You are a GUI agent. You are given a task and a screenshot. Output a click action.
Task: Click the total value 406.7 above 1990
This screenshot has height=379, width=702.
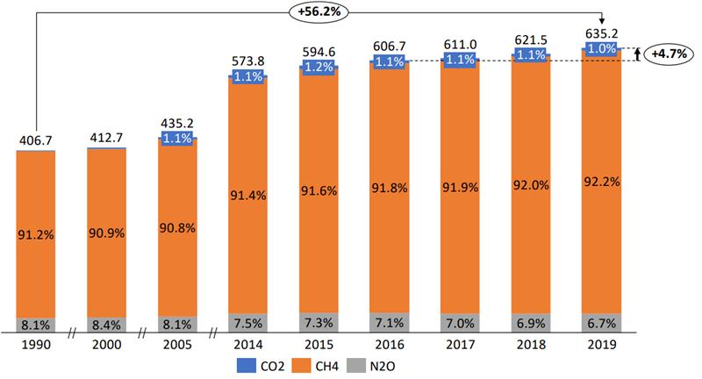[36, 140]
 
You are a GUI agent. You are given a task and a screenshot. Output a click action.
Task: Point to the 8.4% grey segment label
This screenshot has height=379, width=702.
[106, 323]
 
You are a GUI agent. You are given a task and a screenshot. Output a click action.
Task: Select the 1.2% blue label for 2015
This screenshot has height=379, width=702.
[319, 67]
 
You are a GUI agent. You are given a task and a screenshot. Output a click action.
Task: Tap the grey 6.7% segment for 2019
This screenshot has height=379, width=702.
[601, 323]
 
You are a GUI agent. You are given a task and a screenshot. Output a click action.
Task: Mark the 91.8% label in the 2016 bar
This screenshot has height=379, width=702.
[390, 188]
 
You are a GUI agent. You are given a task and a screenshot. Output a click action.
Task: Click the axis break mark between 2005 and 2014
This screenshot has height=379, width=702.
[212, 333]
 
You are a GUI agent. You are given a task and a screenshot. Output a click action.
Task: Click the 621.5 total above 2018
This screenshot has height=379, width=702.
[530, 41]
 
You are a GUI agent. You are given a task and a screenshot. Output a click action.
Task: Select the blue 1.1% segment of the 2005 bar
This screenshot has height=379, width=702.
[177, 138]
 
